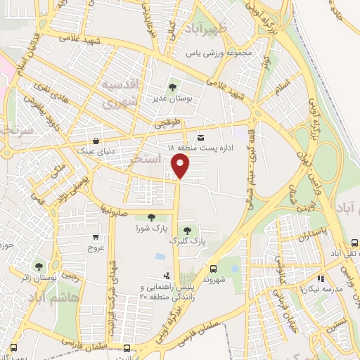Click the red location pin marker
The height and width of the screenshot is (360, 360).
point(181,166)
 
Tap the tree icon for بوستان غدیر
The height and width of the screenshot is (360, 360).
point(173,86)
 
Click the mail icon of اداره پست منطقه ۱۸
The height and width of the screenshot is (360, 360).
point(201,137)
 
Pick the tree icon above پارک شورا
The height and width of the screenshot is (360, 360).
point(151,217)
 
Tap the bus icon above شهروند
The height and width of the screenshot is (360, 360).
point(213,268)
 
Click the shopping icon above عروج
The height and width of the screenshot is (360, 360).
point(95,237)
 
